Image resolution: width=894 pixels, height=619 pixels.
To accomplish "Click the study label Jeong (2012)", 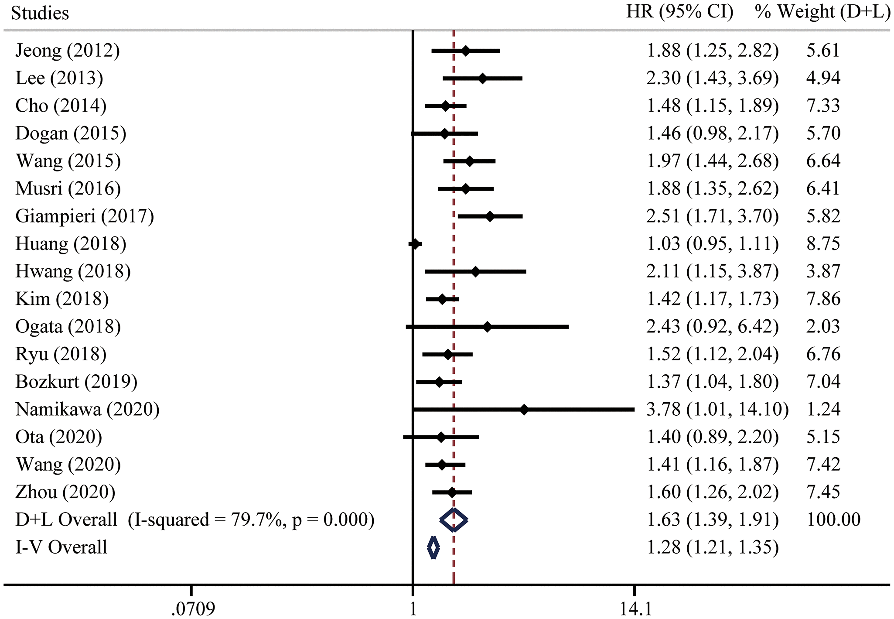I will point(68,51).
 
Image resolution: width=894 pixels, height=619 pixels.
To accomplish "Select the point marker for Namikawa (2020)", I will point(524,410).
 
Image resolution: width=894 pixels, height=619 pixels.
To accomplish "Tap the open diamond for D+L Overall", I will point(454,520).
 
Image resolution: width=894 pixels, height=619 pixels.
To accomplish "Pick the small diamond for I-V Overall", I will point(433,548).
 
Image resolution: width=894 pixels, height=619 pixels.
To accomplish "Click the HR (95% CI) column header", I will point(680,12).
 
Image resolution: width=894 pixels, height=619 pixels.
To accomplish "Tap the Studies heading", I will point(40,13).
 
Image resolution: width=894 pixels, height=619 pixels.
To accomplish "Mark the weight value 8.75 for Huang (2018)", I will point(823,244).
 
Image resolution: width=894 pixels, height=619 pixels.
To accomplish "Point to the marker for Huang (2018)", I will point(415,244).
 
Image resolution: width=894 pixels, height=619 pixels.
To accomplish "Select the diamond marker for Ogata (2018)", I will point(488,327).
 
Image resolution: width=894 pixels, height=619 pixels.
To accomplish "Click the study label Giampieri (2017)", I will point(85,216).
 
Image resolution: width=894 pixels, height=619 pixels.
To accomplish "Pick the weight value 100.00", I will point(833,520).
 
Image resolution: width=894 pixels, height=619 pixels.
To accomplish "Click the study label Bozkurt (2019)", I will point(76,382).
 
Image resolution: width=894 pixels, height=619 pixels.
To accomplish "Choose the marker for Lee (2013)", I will point(482,79).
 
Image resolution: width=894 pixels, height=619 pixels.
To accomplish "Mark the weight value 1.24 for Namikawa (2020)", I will point(823,410).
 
